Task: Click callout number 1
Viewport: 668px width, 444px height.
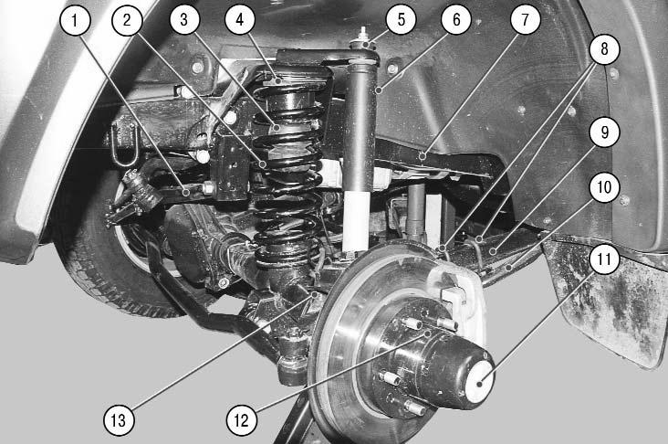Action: [x=75, y=20]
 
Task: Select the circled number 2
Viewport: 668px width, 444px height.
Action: [x=127, y=20]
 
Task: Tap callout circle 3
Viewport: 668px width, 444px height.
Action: [x=184, y=19]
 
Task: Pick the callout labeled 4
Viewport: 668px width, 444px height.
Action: [x=240, y=19]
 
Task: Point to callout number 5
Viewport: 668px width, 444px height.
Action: [x=401, y=19]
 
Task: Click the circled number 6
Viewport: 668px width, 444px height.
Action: [x=456, y=19]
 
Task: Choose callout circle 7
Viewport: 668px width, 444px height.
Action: [x=525, y=19]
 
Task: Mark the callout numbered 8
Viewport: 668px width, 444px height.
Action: [x=604, y=49]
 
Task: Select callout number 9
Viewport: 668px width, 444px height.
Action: [x=604, y=132]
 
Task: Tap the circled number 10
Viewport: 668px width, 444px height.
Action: [x=604, y=186]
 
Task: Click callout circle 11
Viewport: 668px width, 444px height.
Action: [x=604, y=259]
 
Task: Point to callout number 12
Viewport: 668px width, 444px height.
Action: [x=242, y=420]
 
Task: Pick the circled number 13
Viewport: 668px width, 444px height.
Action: [x=119, y=420]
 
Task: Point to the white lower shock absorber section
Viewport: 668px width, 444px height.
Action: [x=356, y=221]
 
